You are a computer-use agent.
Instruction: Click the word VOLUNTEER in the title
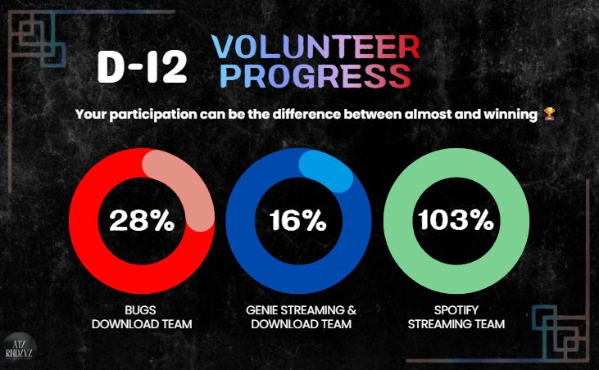pyautogui.click(x=315, y=47)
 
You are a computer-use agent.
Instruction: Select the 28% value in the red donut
pyautogui.click(x=141, y=221)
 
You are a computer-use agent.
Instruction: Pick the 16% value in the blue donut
pyautogui.click(x=297, y=221)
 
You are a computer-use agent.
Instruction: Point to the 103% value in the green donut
pyautogui.click(x=456, y=221)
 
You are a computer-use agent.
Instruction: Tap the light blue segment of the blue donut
pyautogui.click(x=328, y=167)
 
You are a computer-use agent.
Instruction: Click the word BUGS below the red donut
pyautogui.click(x=141, y=310)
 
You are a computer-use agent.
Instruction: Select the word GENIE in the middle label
pyautogui.click(x=263, y=310)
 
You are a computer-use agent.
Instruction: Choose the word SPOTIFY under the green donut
pyautogui.click(x=456, y=310)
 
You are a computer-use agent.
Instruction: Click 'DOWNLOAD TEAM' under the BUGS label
pyautogui.click(x=141, y=325)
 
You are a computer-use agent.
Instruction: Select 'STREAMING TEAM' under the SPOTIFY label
pyautogui.click(x=456, y=325)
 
